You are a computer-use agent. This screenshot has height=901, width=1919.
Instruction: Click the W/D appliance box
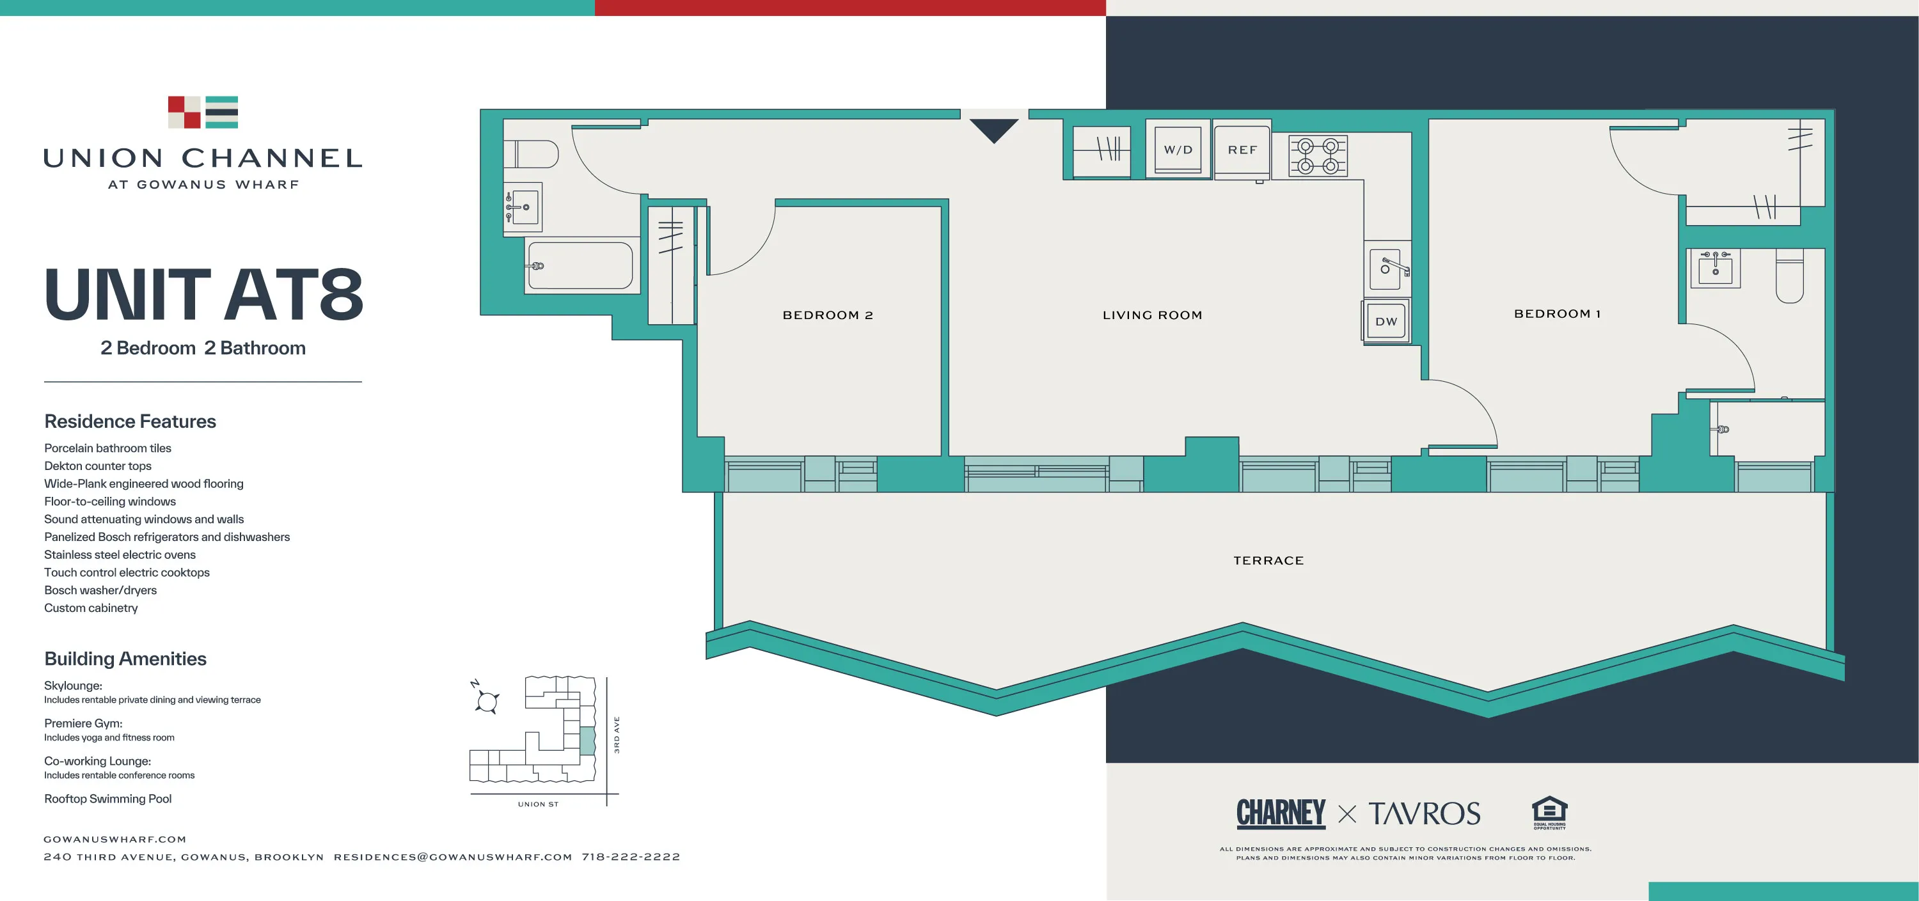click(x=1178, y=150)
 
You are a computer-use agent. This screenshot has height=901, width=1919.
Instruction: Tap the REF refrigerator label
click(x=1242, y=150)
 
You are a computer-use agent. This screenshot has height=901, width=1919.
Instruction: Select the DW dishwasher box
click(x=1386, y=321)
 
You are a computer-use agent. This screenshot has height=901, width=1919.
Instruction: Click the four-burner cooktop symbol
click(x=1317, y=155)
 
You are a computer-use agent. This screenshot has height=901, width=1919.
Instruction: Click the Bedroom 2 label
click(x=827, y=315)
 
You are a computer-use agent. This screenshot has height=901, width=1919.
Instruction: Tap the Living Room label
click(x=1151, y=315)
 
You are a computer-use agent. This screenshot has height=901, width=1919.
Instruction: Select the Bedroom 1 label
click(x=1557, y=313)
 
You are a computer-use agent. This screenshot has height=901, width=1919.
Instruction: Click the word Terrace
click(x=1268, y=560)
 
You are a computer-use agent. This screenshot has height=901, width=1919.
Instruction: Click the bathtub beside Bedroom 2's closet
click(x=581, y=265)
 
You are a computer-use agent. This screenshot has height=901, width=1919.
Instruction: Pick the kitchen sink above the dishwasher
click(x=1386, y=268)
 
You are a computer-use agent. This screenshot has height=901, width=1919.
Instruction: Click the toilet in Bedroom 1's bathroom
click(x=1789, y=277)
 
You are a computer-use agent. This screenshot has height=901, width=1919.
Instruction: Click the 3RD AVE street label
click(x=617, y=734)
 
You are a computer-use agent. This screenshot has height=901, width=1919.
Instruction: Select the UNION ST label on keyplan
click(x=538, y=804)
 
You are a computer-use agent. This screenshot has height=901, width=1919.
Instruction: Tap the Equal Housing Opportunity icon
click(x=1549, y=812)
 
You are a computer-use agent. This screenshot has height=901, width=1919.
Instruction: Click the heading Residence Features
click(x=130, y=421)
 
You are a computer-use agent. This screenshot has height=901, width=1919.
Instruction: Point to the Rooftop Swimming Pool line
click(x=107, y=798)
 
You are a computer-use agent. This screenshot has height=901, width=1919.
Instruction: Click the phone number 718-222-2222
click(x=630, y=856)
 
